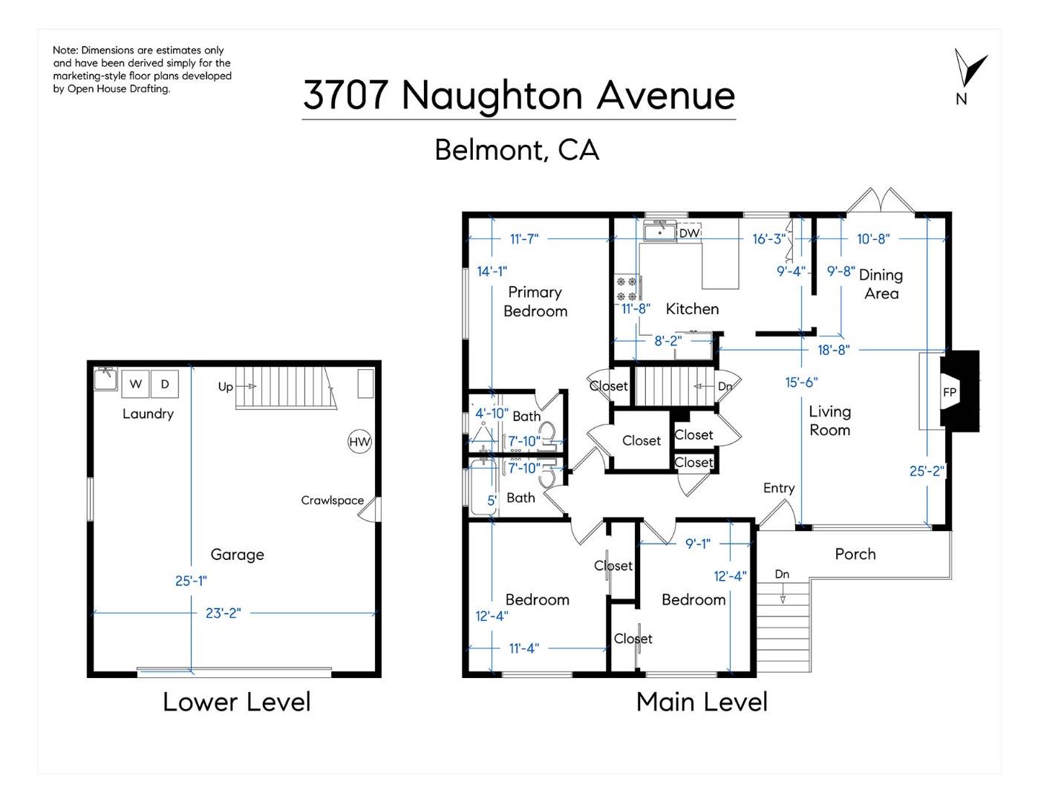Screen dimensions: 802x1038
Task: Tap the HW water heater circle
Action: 359,442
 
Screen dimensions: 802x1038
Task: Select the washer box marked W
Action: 135,384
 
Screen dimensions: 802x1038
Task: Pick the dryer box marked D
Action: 165,384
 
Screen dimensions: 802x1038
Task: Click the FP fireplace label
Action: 950,392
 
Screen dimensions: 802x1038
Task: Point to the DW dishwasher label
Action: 689,233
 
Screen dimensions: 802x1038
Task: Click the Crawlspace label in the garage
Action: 332,501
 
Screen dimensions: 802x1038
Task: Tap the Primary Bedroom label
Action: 535,301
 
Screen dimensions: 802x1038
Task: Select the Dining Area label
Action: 881,284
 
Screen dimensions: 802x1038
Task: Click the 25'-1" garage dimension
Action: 191,581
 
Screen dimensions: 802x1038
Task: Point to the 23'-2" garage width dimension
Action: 223,613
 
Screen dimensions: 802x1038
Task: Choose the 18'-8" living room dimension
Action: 833,350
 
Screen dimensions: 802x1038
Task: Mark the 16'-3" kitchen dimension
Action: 768,238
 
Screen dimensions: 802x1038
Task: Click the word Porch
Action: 855,554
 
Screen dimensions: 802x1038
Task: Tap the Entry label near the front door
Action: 779,488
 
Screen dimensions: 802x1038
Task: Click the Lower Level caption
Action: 236,702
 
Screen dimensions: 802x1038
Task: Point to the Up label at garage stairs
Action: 226,387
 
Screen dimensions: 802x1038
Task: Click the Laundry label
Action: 148,414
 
